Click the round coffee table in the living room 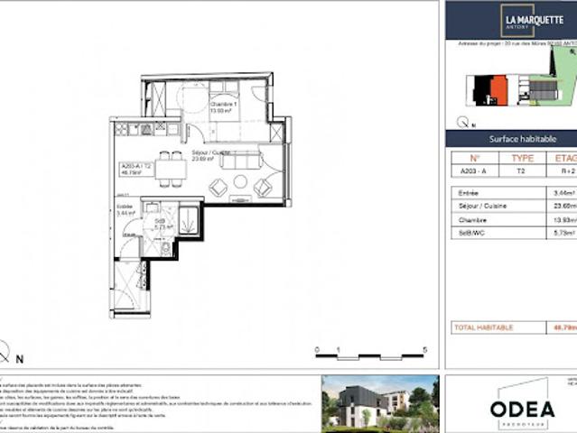[240, 183]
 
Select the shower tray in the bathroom [188, 219]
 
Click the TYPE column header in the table [522, 158]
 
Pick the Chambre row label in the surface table [472, 219]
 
